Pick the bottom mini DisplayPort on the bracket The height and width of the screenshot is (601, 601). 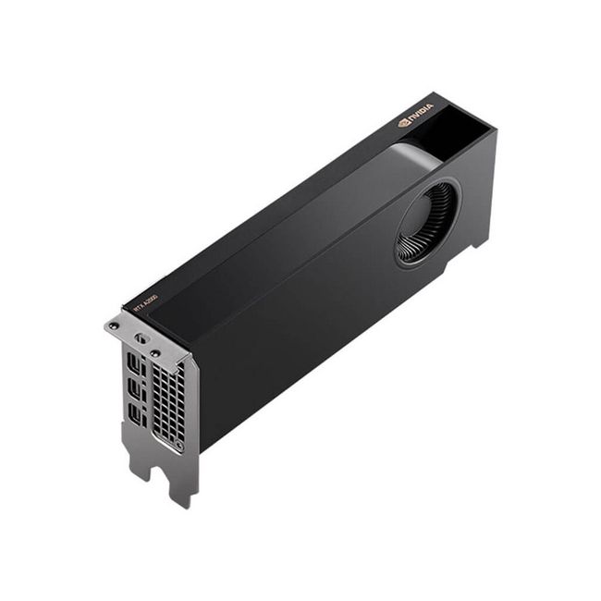click(136, 418)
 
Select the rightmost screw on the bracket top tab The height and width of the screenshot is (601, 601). click(155, 352)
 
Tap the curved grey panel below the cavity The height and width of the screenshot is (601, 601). click(415, 157)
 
